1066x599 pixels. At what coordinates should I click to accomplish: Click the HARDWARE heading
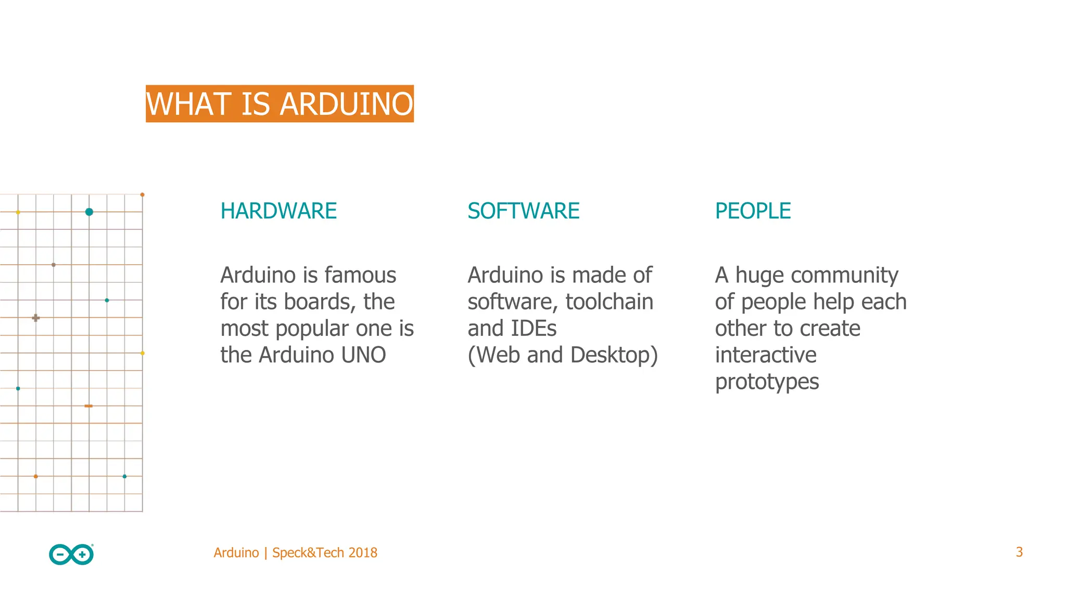point(278,211)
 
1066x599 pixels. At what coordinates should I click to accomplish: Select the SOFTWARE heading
point(523,211)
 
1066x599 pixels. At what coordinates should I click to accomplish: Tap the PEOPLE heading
point(753,211)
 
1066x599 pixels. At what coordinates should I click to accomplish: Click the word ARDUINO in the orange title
point(346,104)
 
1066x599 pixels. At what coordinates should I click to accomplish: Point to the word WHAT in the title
point(188,104)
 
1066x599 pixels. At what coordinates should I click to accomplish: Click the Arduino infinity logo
point(71,554)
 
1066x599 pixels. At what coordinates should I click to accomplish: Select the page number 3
point(1019,552)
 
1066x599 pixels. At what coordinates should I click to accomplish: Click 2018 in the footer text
point(363,553)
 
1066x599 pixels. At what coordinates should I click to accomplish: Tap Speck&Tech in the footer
point(308,553)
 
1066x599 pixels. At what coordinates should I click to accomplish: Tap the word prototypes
point(767,382)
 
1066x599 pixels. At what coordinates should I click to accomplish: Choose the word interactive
point(766,355)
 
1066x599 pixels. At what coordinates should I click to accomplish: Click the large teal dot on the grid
point(89,212)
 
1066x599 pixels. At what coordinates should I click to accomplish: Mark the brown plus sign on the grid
point(35,318)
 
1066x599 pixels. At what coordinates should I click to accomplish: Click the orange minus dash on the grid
point(88,406)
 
